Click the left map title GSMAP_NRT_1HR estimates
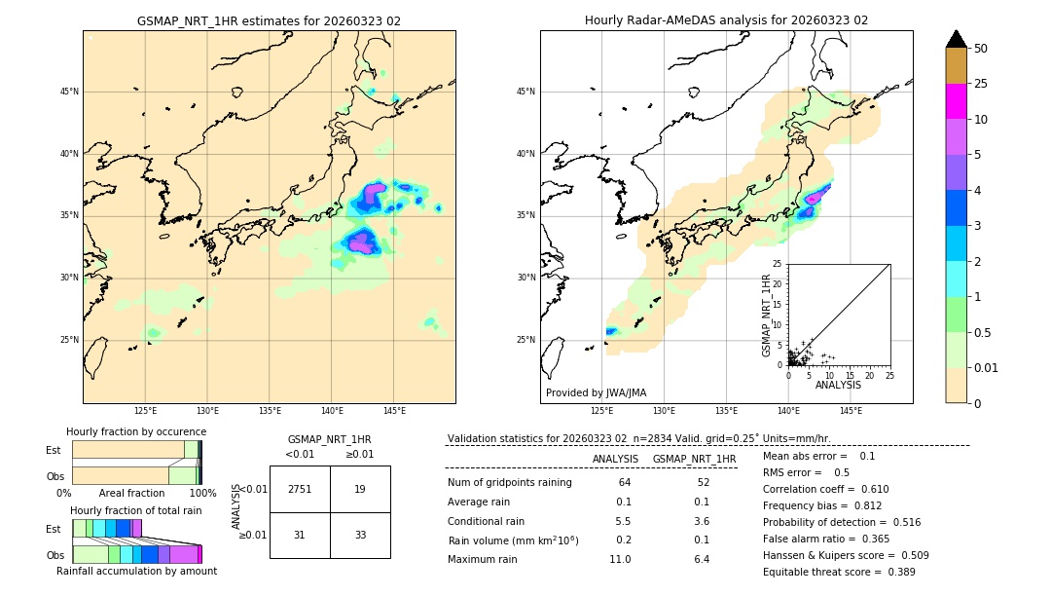click(x=269, y=20)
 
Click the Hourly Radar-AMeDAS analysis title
click(x=726, y=20)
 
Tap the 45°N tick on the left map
click(x=69, y=92)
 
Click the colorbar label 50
click(x=981, y=49)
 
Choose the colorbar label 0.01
click(x=987, y=367)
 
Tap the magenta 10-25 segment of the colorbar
click(x=957, y=101)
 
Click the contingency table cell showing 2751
click(x=300, y=489)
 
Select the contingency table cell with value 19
click(x=360, y=489)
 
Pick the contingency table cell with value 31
click(x=300, y=535)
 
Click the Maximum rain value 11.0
click(x=621, y=559)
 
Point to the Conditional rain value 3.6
click(x=701, y=521)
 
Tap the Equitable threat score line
click(x=839, y=572)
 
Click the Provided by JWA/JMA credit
click(x=596, y=392)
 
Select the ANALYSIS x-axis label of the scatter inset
click(x=838, y=385)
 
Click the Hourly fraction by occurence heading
click(x=136, y=431)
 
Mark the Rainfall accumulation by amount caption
click(x=136, y=571)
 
